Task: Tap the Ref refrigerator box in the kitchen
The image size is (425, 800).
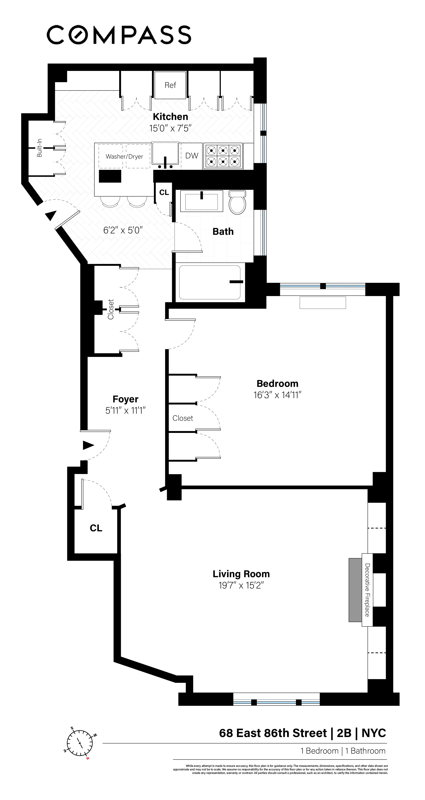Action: point(170,85)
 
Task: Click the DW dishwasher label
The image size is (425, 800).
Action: point(192,156)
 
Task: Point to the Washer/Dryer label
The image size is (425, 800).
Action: point(124,157)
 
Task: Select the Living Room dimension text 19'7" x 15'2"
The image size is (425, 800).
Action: point(241,585)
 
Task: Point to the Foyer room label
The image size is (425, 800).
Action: point(125,399)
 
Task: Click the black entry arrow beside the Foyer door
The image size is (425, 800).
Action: point(88,445)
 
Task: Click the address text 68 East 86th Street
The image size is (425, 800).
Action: point(273,733)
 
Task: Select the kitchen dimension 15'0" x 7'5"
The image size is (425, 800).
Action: point(170,128)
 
